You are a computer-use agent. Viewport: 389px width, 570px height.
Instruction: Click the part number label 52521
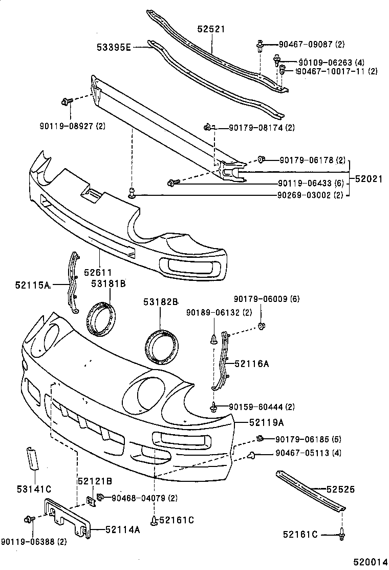pyautogui.click(x=212, y=30)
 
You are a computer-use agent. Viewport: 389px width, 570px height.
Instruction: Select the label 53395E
pyautogui.click(x=114, y=48)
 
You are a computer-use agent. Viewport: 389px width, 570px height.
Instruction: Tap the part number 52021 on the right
pyautogui.click(x=369, y=178)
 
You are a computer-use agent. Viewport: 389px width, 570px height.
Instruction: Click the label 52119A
pyautogui.click(x=267, y=422)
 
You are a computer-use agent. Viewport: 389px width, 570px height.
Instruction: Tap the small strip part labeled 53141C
pyautogui.click(x=33, y=458)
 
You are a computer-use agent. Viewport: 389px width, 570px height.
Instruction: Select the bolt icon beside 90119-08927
pyautogui.click(x=66, y=101)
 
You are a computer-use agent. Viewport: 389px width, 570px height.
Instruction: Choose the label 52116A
pyautogui.click(x=252, y=363)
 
